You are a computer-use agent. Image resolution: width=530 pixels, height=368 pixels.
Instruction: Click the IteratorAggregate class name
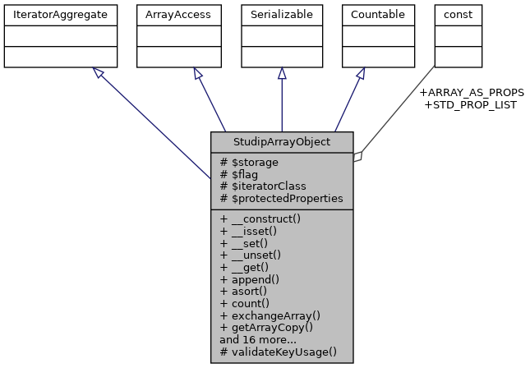59,14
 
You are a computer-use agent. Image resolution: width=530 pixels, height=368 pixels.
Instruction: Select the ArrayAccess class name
173,14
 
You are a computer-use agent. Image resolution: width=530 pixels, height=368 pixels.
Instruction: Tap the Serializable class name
282,14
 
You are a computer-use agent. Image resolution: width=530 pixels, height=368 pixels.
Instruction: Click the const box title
457,14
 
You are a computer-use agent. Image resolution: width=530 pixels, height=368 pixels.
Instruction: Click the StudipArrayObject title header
282,141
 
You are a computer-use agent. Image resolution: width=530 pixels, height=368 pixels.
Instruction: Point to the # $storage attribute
249,163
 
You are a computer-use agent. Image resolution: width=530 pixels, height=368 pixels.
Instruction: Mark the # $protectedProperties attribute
281,199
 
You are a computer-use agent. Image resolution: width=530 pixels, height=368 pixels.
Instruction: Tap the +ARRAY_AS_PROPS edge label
472,92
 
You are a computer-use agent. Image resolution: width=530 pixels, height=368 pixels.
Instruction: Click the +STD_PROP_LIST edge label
470,104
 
